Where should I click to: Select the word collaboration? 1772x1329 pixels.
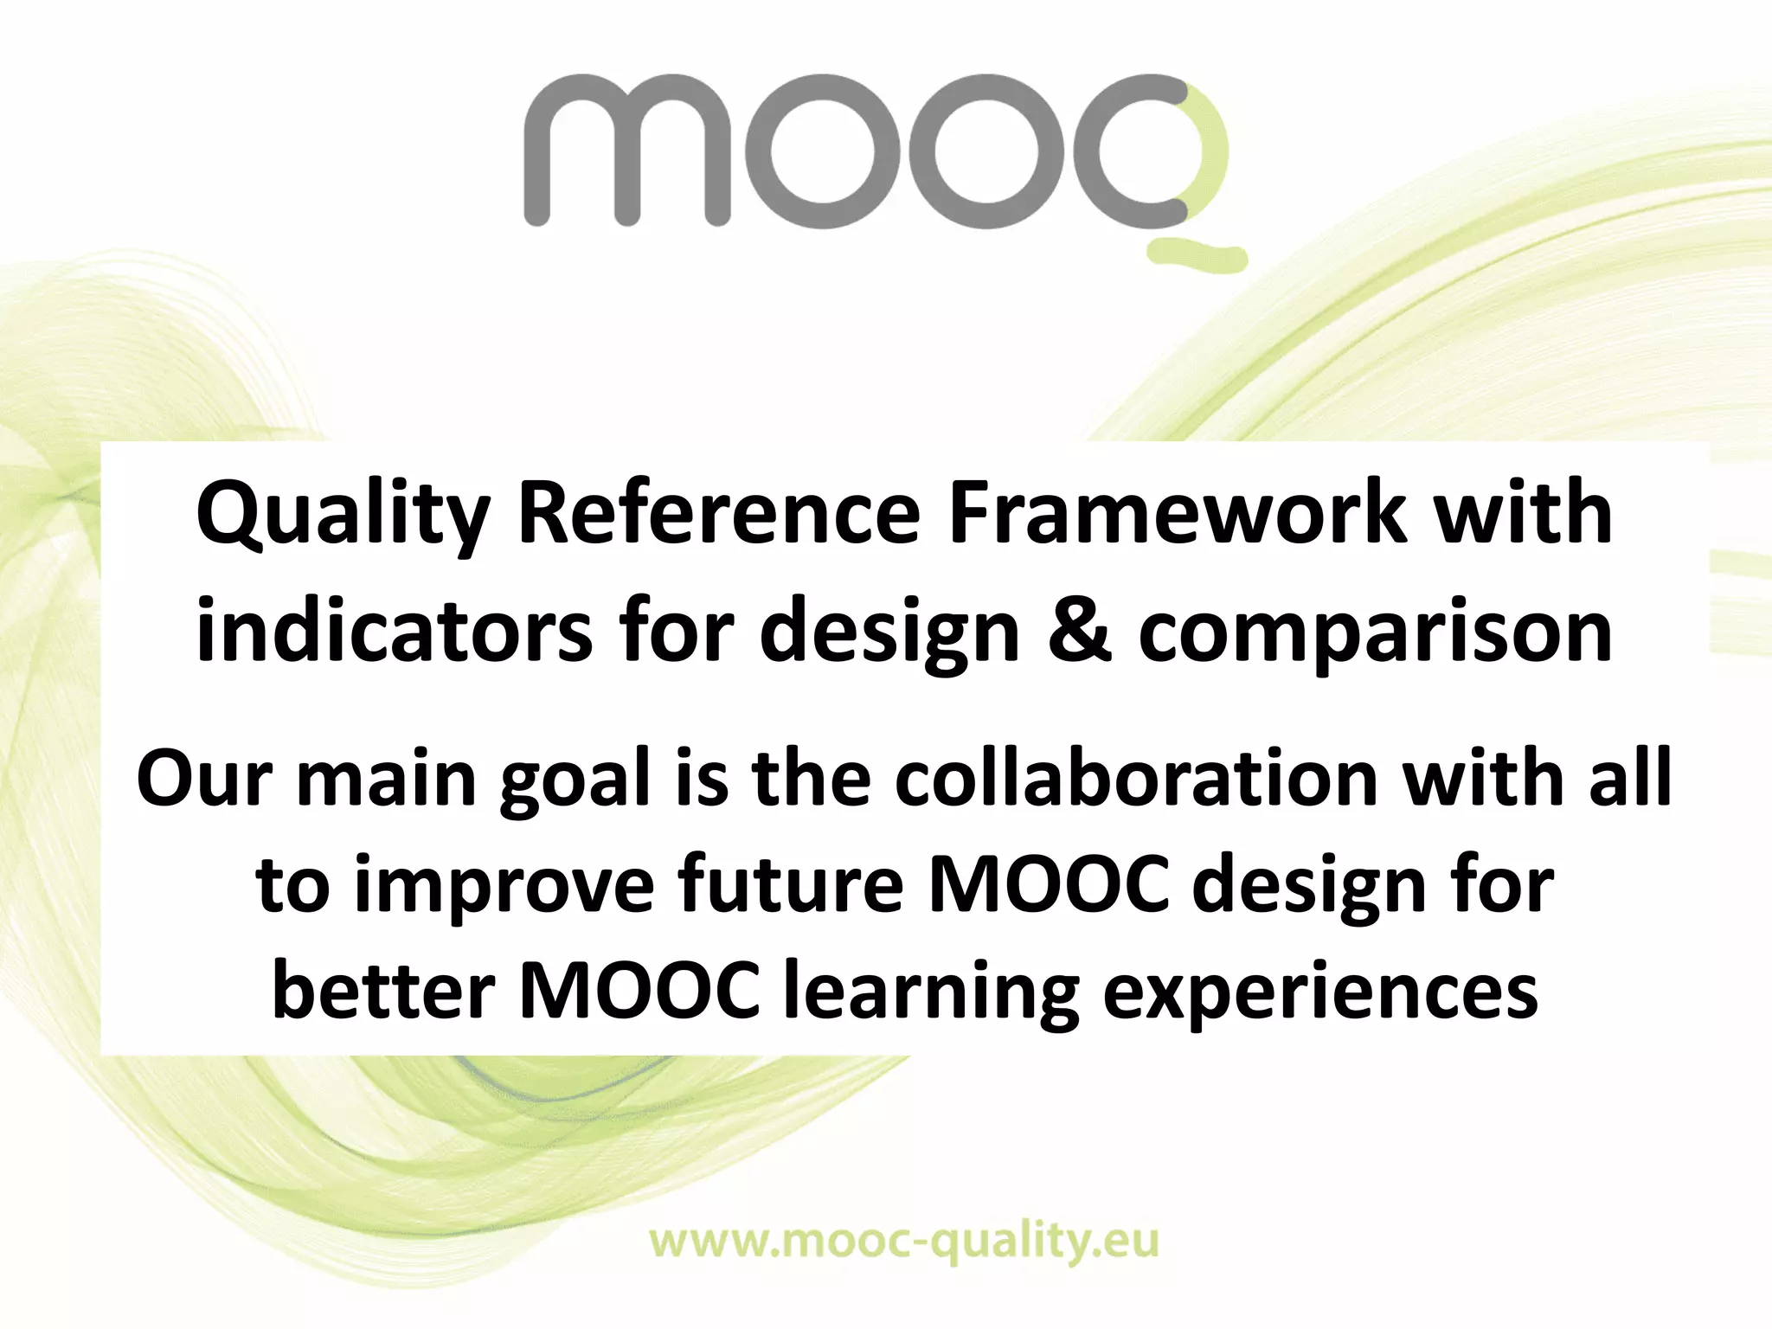tap(1135, 779)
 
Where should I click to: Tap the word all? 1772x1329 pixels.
tap(1630, 779)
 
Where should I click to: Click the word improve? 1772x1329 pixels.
tap(504, 888)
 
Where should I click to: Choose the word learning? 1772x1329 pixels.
tap(930, 994)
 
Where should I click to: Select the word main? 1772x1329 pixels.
tap(386, 779)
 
